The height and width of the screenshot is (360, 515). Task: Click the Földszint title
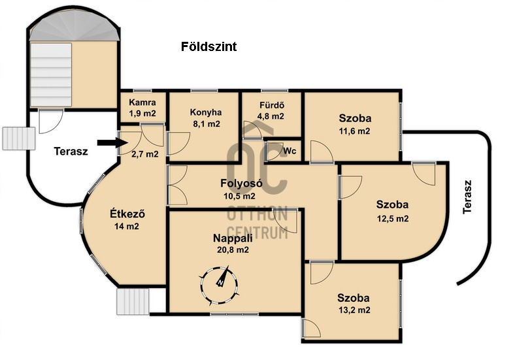coord(208,46)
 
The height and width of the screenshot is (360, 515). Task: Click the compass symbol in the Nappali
coord(219,284)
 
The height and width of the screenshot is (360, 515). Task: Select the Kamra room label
coord(142,102)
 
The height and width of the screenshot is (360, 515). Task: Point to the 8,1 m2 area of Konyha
coord(207,124)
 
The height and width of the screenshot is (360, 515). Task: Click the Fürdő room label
coord(272,105)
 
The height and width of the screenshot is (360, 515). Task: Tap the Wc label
coord(290,151)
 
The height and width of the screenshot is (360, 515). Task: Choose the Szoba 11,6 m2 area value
coord(354,131)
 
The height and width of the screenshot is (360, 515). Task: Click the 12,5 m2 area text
coord(393,218)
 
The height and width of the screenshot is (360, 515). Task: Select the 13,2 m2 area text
coord(354,310)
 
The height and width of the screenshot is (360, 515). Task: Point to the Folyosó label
coord(241,183)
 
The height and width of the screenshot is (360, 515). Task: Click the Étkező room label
coord(127,214)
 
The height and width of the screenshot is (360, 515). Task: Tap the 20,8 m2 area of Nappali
coord(233,250)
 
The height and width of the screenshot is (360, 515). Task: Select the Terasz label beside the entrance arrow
coord(71,152)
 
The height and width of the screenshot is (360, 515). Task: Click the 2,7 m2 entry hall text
coord(145,154)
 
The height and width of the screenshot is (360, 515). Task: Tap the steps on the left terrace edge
coord(19,139)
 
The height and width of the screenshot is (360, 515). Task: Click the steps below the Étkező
coord(133,302)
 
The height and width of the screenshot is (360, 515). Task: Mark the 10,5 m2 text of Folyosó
coord(239,196)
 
